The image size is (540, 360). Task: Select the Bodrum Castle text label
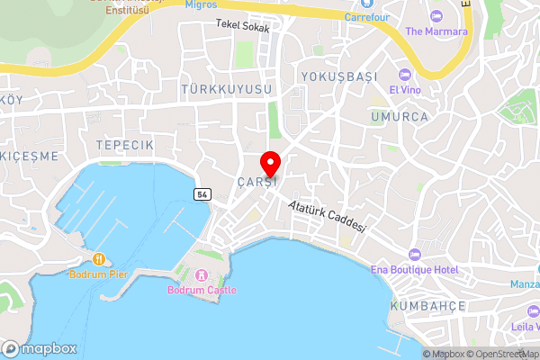202,290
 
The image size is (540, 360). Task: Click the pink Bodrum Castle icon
202,274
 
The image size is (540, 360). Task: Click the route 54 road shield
201,194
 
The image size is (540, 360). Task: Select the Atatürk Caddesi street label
328,217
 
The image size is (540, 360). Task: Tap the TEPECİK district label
125,145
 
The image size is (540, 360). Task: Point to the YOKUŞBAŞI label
338,76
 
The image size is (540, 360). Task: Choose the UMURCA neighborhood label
399,116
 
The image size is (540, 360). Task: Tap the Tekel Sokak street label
243,27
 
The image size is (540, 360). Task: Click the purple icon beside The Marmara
436,16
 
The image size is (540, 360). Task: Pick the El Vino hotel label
405,89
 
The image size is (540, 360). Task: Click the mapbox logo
38,349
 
